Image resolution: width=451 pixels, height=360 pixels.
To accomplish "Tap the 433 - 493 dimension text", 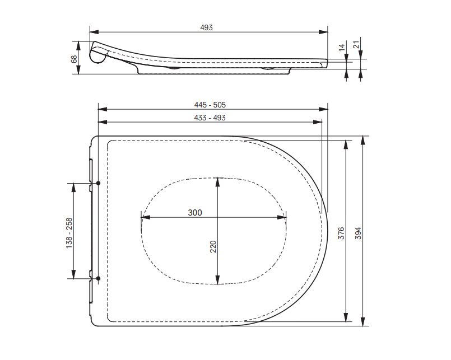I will click(210, 118).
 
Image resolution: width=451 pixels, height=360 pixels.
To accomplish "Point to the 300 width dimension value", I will click(194, 212).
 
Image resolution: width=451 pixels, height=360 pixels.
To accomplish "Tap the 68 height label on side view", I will click(74, 58).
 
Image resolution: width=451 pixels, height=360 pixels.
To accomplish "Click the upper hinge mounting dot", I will click(98, 183).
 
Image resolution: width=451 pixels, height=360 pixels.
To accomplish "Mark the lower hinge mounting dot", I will click(98, 278).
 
